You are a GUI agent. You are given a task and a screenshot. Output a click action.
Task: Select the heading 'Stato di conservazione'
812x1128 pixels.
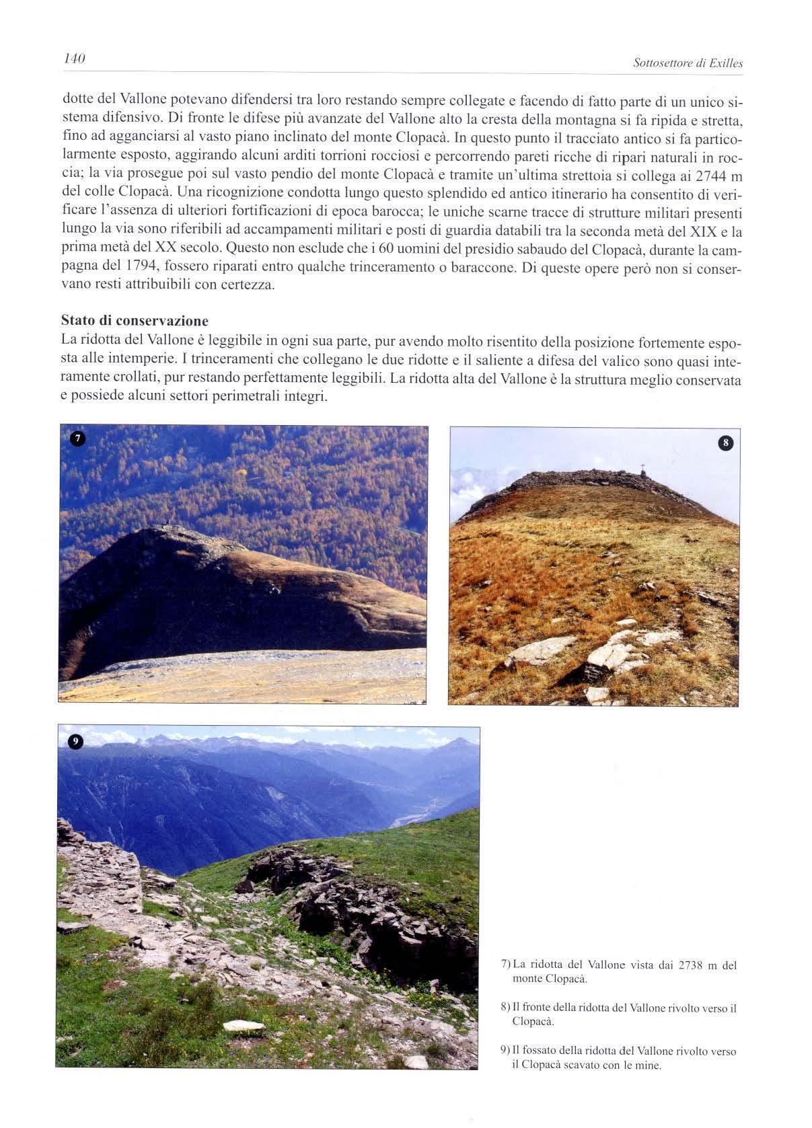[x=135, y=320]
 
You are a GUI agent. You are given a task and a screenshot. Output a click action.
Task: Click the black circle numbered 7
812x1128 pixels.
[x=77, y=439]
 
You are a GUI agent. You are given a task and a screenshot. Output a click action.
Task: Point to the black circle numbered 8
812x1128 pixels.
[x=725, y=443]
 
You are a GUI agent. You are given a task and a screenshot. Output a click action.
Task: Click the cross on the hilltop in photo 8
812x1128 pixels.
[x=642, y=467]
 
